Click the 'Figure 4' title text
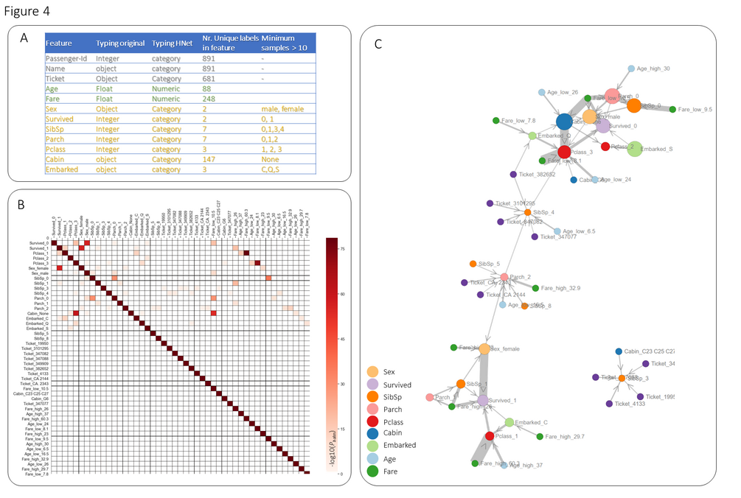pyautogui.click(x=27, y=13)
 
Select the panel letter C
pyautogui.click(x=378, y=43)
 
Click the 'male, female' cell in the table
pyautogui.click(x=284, y=109)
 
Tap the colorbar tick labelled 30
pyautogui.click(x=343, y=384)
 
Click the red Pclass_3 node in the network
pyautogui.click(x=564, y=152)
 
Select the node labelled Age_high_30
pyautogui.click(x=631, y=69)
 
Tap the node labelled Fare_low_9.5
pyautogui.click(x=673, y=109)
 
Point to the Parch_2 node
pyautogui.click(x=504, y=278)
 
